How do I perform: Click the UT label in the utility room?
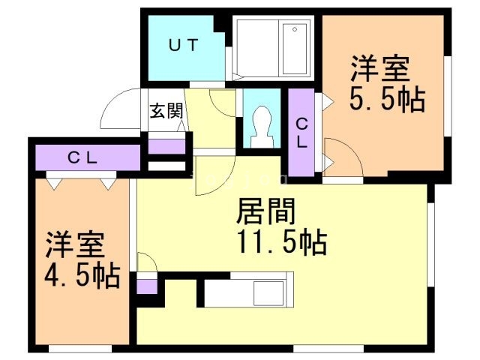click(184, 45)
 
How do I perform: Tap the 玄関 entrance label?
click(166, 110)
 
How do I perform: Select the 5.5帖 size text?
click(388, 100)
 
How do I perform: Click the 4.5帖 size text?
click(82, 276)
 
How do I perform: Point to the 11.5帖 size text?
click(282, 242)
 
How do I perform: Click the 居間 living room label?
click(265, 211)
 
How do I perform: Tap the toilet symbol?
click(262, 127)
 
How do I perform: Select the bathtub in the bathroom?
click(295, 49)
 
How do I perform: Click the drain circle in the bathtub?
click(295, 29)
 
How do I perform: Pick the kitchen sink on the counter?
click(268, 293)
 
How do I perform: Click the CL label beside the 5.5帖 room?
click(301, 133)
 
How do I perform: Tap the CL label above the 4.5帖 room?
click(82, 158)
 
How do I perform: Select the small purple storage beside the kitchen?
click(147, 286)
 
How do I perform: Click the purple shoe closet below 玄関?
click(166, 147)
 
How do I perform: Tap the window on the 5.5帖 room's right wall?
click(448, 97)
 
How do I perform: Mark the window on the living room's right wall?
click(430, 245)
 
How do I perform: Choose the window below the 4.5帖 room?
click(80, 349)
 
